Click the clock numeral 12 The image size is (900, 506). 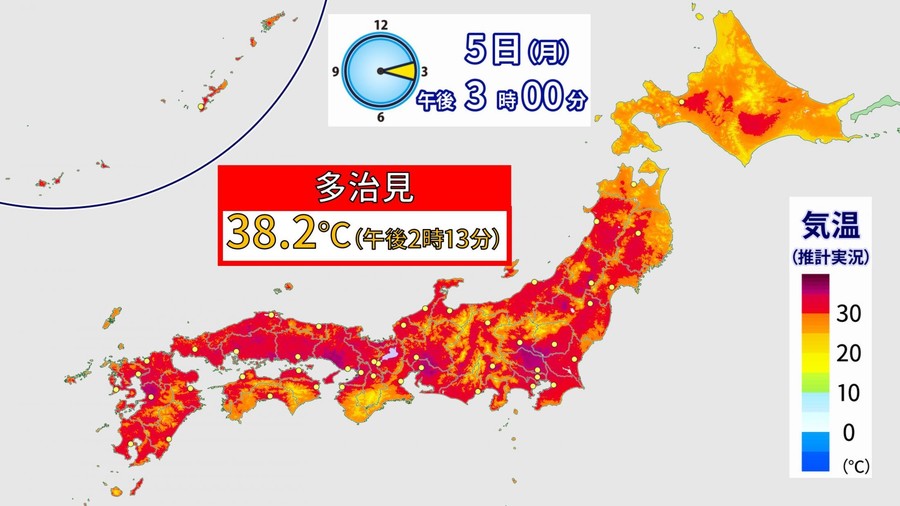[380, 23]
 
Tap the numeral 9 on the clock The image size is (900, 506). [337, 72]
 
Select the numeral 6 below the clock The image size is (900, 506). [380, 118]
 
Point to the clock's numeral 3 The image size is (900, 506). [425, 72]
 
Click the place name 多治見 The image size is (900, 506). [366, 187]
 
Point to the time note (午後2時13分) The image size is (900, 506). [428, 237]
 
